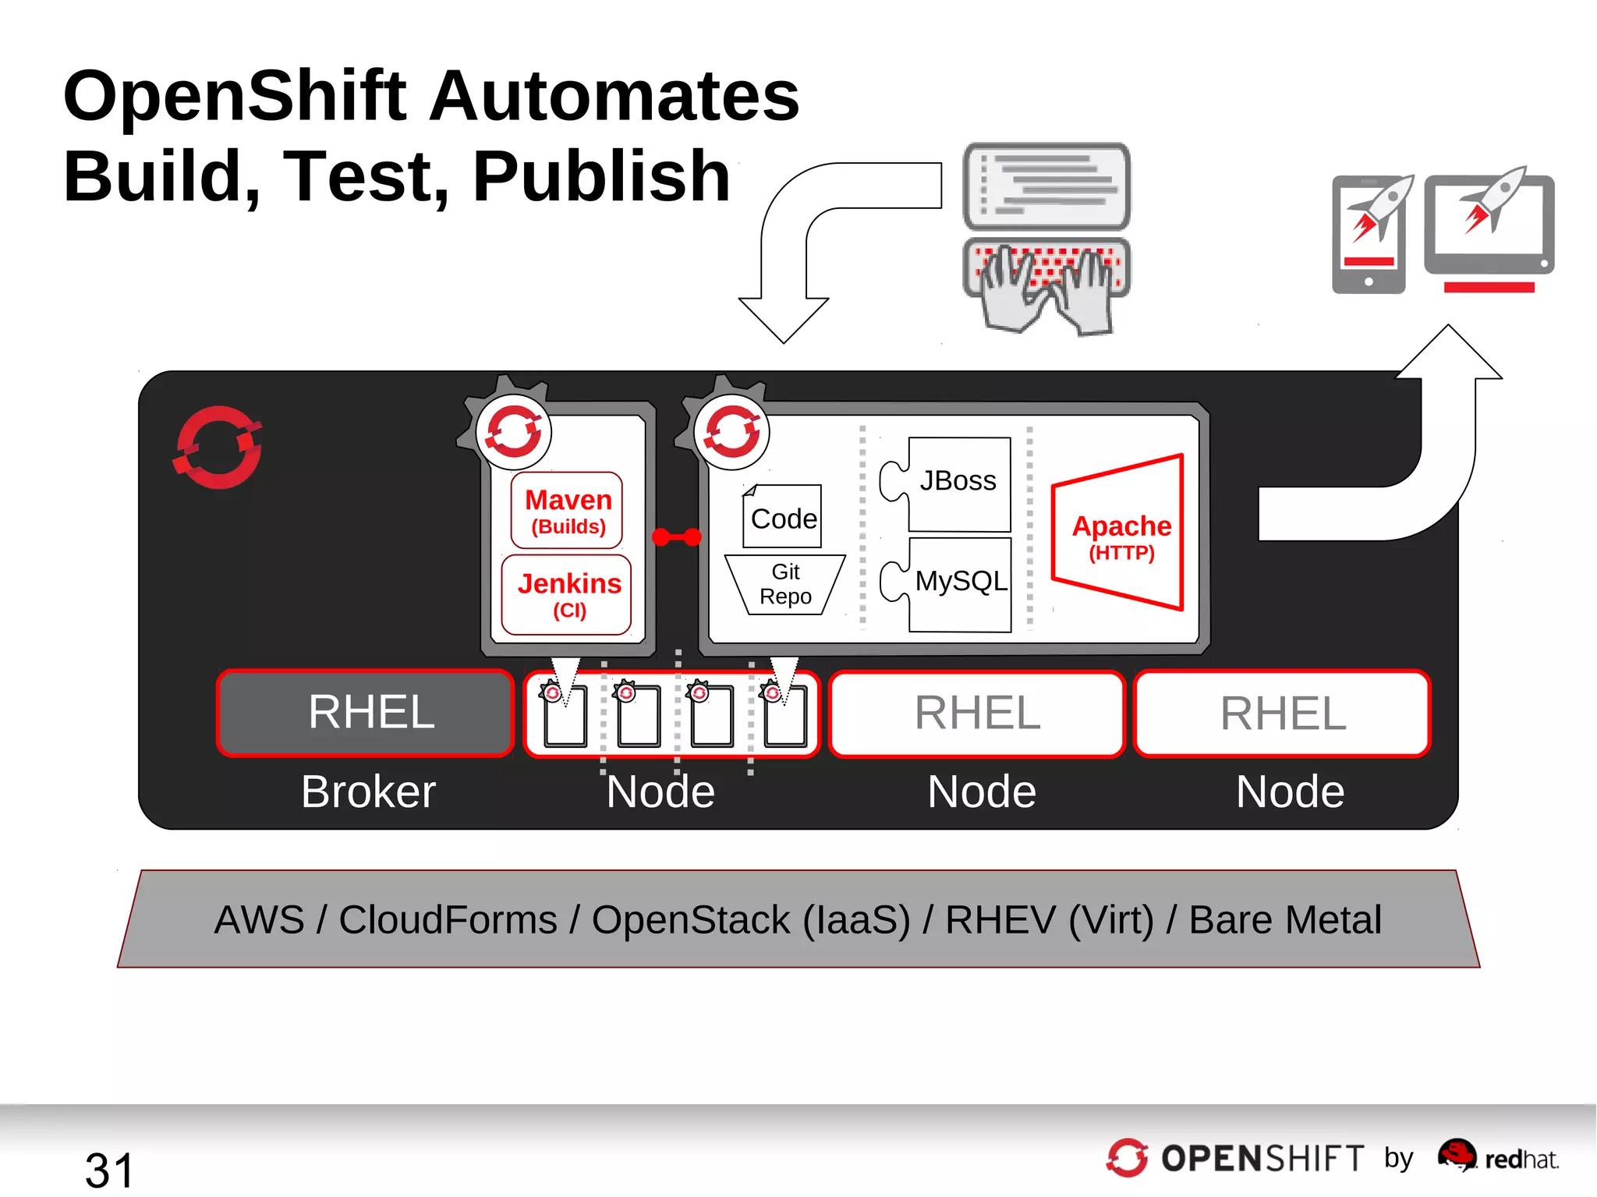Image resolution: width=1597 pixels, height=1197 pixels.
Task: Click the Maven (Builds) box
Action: pos(567,511)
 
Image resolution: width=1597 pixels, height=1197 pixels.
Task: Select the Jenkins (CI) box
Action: pos(567,594)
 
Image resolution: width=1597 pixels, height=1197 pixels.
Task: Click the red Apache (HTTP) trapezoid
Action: pos(1120,533)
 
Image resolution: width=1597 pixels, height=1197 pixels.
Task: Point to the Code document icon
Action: pos(782,517)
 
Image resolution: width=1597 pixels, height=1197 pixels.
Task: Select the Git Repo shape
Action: pos(785,585)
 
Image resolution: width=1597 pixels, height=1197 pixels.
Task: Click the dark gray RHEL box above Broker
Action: pos(366,713)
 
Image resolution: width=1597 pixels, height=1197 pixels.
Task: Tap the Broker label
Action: pos(368,792)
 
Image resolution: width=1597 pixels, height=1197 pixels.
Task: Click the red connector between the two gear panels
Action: pos(676,537)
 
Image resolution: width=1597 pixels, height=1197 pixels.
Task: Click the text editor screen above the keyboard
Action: pos(1046,186)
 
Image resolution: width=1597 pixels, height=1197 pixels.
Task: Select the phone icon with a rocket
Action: pos(1370,234)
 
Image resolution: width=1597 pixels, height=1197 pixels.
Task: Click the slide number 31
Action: pos(109,1170)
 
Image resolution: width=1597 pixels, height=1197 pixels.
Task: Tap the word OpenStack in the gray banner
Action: pos(691,920)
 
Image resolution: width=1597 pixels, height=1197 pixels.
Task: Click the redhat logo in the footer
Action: pos(1497,1157)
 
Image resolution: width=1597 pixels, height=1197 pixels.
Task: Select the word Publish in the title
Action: pos(601,178)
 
